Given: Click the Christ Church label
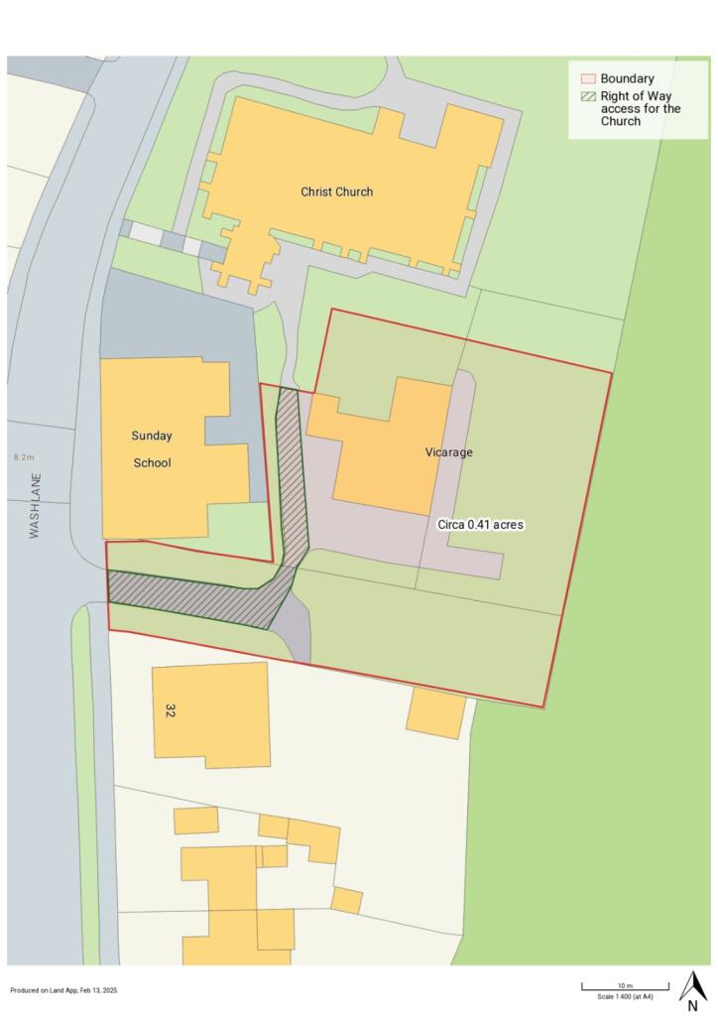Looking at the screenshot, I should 337,191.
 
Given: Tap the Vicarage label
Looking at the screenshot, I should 449,451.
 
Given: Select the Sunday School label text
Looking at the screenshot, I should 152,448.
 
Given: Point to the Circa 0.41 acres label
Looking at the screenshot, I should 480,523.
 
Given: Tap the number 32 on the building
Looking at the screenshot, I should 168,710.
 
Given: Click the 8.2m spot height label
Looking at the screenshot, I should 23,457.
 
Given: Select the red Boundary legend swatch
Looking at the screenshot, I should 587,78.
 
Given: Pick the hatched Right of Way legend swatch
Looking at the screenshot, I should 587,96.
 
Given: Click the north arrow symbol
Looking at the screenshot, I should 693,984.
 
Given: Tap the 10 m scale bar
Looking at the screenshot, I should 625,986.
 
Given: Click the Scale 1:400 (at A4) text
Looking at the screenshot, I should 625,996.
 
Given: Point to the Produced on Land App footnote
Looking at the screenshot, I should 63,990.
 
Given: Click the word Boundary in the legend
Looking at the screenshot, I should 627,78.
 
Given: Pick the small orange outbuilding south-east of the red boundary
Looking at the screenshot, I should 435,713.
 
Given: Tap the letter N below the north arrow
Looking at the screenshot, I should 692,1005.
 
